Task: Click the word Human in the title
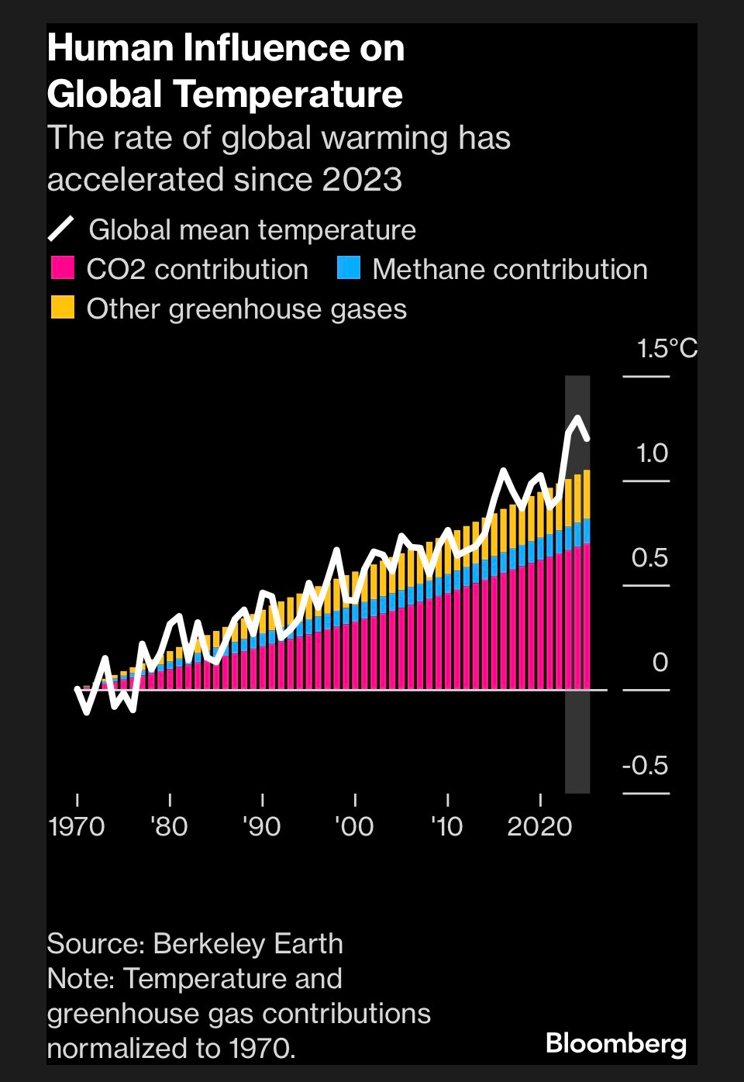pos(110,48)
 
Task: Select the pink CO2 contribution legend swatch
pos(62,268)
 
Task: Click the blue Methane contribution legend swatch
pos(349,268)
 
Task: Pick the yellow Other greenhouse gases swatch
pos(62,308)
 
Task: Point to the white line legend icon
pos(61,229)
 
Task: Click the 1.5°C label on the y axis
pos(666,349)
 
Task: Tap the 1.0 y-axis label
pos(652,453)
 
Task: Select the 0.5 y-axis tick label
pos(649,557)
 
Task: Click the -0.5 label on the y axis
pos(645,766)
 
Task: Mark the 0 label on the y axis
pos(660,662)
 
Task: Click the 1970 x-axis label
pos(77,826)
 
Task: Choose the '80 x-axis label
pos(169,826)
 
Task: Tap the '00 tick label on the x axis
pos(354,826)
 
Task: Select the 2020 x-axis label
pos(539,826)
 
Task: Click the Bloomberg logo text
pos(616,1043)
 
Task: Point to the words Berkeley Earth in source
pos(248,943)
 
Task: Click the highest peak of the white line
pos(577,419)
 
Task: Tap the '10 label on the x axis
pos(446,826)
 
